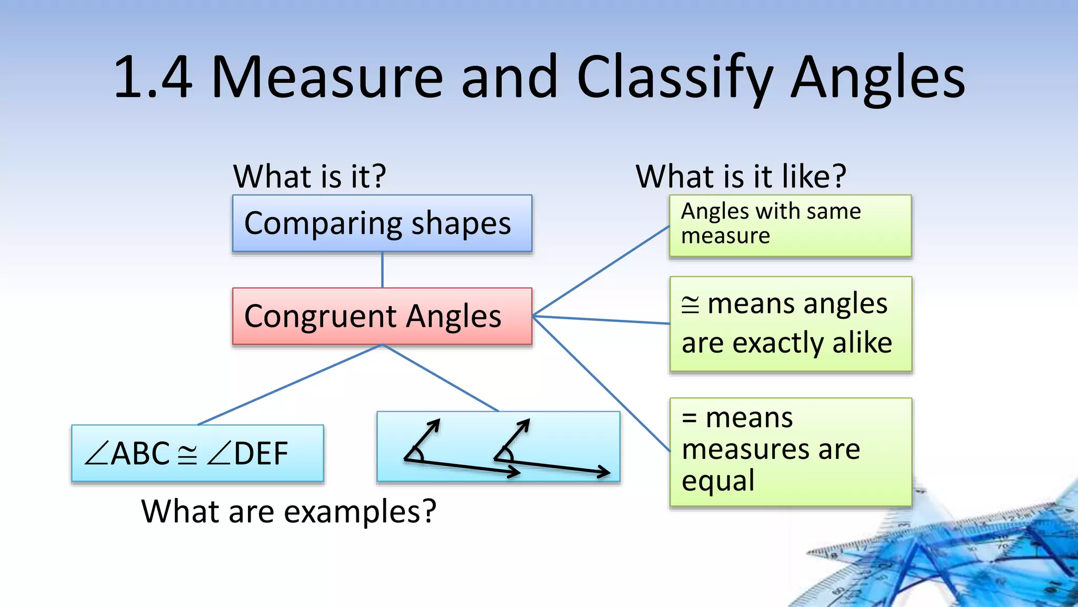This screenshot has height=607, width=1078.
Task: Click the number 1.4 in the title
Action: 153,78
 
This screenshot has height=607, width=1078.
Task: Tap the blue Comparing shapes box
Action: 382,223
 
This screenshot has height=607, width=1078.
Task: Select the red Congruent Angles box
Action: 382,316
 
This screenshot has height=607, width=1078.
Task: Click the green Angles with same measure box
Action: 790,226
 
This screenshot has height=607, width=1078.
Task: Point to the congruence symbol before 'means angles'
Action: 690,305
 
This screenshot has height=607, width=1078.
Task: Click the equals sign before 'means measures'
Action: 690,419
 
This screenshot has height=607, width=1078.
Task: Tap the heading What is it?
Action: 310,176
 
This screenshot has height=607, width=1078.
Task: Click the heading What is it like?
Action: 741,176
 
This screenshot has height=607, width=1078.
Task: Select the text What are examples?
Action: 288,511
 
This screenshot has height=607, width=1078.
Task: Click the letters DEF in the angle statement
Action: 261,454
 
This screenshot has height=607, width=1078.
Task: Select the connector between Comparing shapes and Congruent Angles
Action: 382,270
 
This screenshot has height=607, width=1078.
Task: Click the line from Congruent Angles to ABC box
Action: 290,385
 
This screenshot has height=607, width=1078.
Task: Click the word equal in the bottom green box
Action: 718,481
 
